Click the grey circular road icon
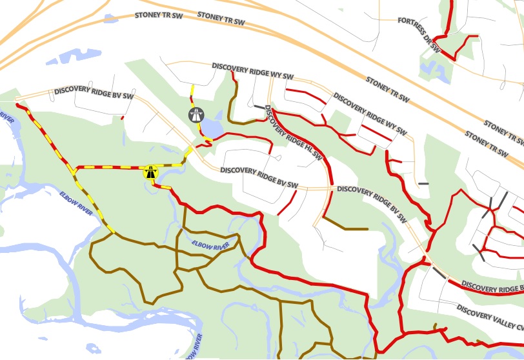[196, 115]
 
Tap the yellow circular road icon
[151, 172]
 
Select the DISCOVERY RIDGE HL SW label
[294, 133]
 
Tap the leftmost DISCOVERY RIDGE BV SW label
[94, 93]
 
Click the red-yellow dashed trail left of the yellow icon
[110, 168]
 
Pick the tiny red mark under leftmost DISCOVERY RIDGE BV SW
[122, 117]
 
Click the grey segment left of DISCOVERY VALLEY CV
[439, 273]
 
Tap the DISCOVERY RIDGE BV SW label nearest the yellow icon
[259, 174]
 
